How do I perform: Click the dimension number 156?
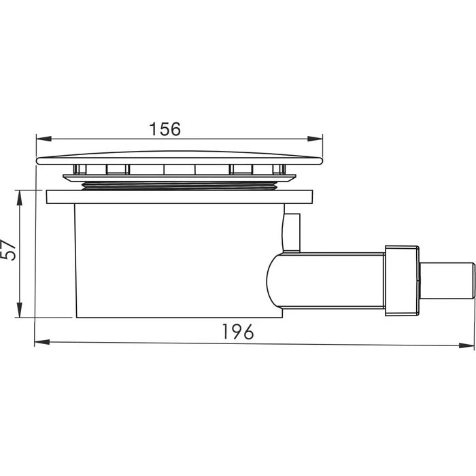[165, 129]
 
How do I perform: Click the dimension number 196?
[238, 332]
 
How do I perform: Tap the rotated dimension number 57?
[8, 250]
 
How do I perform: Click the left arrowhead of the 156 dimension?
[44, 139]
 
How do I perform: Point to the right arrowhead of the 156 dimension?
[315, 139]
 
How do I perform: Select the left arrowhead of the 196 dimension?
[42, 342]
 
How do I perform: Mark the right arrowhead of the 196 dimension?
[466, 345]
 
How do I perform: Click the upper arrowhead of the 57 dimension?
[20, 198]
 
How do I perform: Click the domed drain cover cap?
[179, 158]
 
